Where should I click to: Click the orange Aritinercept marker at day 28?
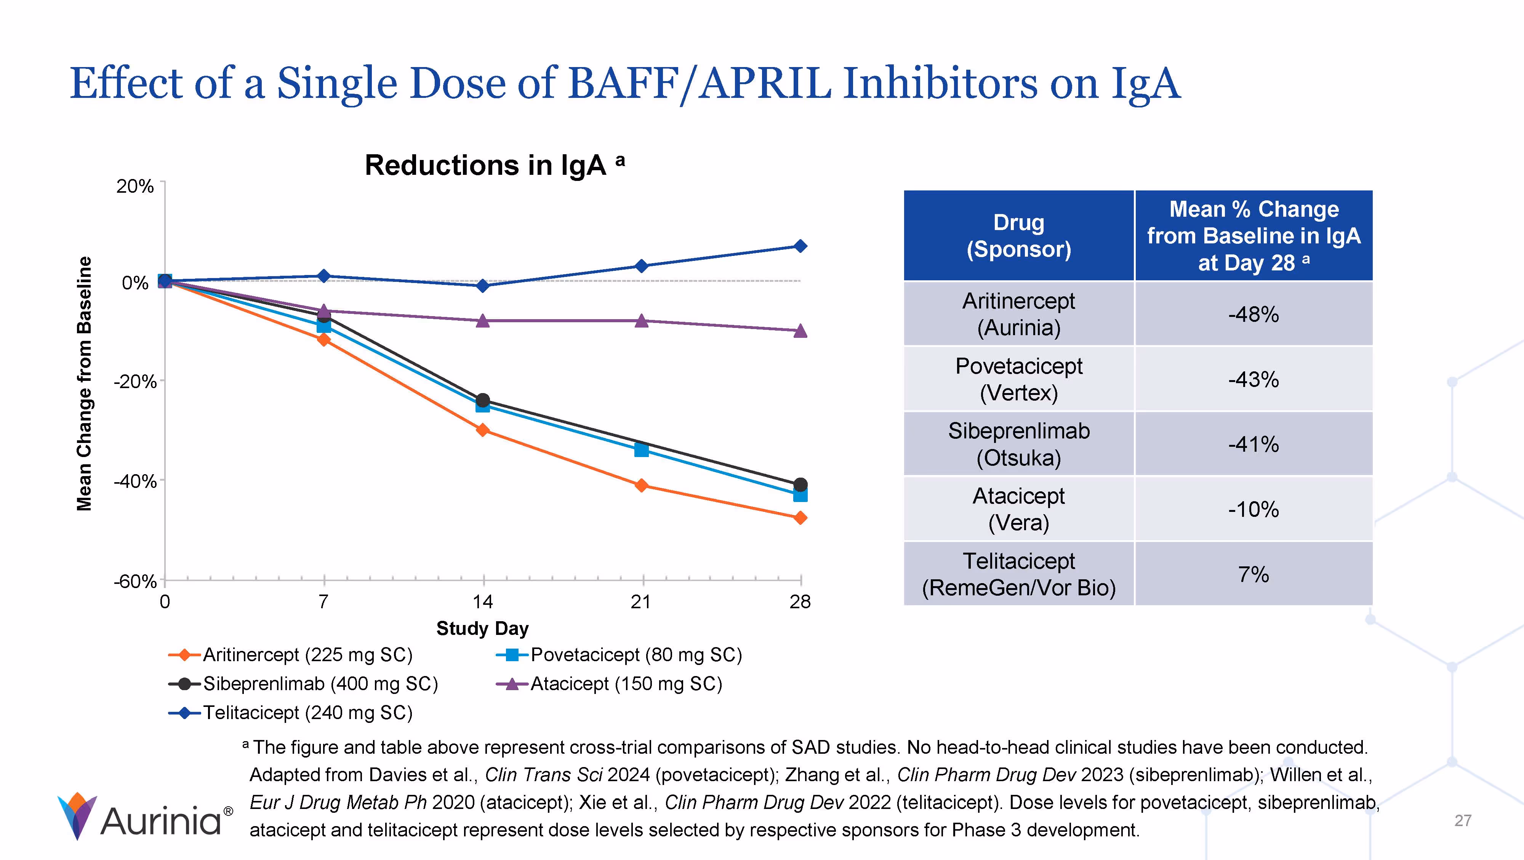(800, 518)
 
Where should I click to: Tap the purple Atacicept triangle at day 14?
(483, 321)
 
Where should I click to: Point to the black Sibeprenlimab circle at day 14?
(483, 400)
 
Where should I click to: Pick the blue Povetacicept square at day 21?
(641, 450)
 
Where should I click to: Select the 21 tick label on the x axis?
(641, 602)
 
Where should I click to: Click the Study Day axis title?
(482, 628)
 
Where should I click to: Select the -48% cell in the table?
(1253, 314)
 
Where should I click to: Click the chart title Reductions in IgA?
(485, 165)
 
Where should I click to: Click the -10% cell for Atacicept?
(1253, 509)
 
